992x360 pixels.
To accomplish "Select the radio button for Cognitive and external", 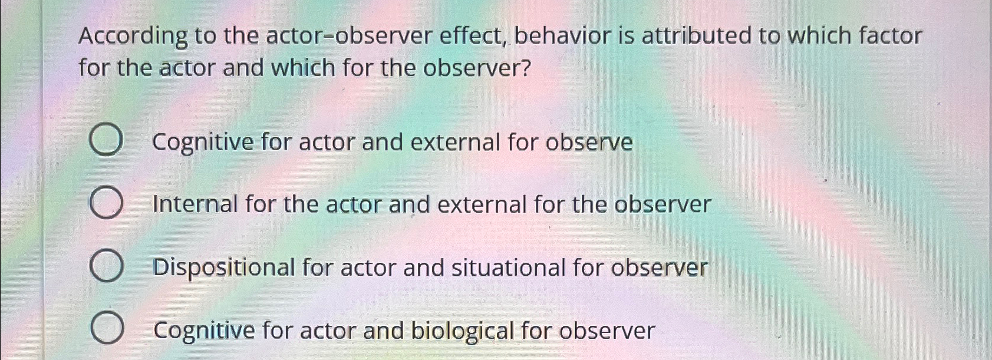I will coord(107,141).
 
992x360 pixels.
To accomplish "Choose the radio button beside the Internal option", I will coord(107,203).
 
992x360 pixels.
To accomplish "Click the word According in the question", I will coord(133,37).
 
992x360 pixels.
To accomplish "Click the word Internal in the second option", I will coord(195,204).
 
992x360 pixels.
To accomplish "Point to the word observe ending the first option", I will coord(589,143).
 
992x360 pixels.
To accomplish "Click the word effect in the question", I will coord(474,37).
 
